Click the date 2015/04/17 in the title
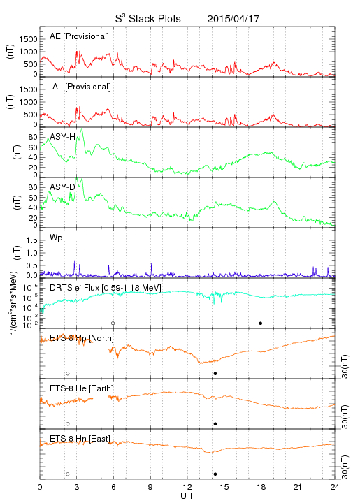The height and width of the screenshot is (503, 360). click(233, 19)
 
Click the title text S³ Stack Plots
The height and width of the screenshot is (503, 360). click(148, 18)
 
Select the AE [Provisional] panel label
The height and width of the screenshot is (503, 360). click(79, 36)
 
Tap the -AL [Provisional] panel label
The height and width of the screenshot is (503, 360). click(80, 87)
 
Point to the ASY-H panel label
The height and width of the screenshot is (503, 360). click(63, 137)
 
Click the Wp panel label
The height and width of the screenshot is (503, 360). click(56, 238)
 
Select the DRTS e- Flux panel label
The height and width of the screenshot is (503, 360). click(106, 288)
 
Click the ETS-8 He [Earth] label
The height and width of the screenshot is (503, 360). click(82, 388)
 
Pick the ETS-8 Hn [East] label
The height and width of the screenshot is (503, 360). click(80, 439)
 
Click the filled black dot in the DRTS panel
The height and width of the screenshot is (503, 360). click(261, 323)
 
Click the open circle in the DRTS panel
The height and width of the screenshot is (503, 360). click(113, 323)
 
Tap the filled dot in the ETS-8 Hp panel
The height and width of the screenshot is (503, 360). click(215, 373)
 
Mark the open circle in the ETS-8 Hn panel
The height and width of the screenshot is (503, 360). click(68, 474)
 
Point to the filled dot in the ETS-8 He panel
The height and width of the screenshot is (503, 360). click(215, 424)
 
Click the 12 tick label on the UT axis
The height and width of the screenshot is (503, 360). click(187, 487)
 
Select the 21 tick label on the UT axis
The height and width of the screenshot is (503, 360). click(298, 487)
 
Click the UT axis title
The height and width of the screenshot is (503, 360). click(187, 496)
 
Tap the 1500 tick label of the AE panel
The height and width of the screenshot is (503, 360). click(28, 39)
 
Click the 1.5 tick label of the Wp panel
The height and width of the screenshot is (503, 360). click(31, 240)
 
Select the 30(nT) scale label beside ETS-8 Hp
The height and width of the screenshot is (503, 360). click(345, 366)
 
